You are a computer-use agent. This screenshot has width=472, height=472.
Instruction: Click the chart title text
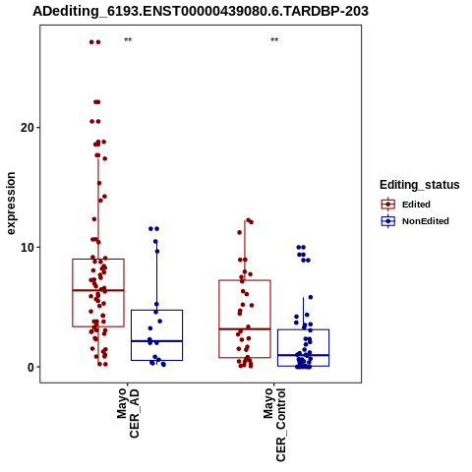pos(201,11)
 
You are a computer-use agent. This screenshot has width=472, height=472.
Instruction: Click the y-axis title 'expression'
pos(11,204)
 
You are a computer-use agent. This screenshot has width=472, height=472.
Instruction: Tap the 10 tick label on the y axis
pos(28,248)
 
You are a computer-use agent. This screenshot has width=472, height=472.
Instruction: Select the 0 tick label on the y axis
pos(31,368)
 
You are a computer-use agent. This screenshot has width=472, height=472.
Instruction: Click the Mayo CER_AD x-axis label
pos(128,413)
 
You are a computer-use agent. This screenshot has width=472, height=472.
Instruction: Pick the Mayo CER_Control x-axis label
pos(274,425)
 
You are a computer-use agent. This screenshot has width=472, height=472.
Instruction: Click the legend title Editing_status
pos(420,185)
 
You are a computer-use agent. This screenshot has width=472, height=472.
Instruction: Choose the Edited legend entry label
pos(416,205)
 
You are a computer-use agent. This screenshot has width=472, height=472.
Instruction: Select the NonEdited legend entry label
pos(426,221)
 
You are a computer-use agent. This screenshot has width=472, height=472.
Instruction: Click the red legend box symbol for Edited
pos(388,205)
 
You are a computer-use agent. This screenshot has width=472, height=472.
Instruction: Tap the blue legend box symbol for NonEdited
pos(388,221)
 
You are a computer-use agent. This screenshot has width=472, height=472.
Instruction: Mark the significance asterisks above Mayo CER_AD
pos(128,40)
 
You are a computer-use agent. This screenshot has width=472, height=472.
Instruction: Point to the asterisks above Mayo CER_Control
pos(274,40)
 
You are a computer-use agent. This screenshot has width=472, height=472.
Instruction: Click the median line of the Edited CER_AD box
pos(98,290)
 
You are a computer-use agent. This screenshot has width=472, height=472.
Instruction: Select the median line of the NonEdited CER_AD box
pos(156,341)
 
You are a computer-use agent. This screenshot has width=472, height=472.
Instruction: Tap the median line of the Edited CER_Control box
pos(245,328)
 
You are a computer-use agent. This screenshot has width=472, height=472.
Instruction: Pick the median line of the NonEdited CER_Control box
pos(303,355)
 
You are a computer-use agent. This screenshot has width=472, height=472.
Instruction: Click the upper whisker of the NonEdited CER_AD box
pos(156,275)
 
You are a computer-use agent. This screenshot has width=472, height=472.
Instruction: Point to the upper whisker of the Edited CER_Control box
pos(245,251)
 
